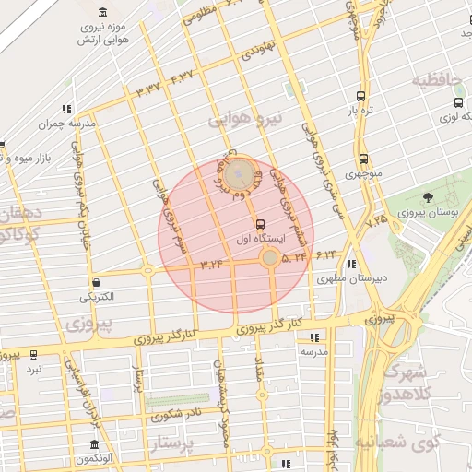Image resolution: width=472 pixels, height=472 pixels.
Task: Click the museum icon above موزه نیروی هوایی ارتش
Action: (101, 13)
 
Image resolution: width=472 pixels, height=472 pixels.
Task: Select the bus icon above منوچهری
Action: (363, 159)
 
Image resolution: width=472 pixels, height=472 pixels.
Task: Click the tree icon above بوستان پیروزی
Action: (428, 197)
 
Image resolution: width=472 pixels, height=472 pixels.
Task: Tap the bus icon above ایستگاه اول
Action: (260, 223)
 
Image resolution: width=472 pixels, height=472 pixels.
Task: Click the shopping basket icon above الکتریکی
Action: (97, 282)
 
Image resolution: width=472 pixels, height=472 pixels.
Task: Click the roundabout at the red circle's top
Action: (240, 171)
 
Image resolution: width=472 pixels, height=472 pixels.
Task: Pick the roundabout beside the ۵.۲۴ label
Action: (268, 259)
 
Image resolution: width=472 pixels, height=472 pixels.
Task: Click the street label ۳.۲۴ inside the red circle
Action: (211, 265)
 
